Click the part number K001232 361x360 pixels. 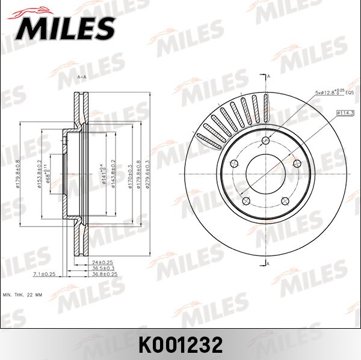click(x=180, y=344)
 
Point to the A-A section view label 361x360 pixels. click(x=82, y=78)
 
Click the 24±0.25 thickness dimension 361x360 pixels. click(x=103, y=262)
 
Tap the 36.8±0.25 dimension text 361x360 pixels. click(x=104, y=274)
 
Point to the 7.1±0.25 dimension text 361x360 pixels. click(x=44, y=274)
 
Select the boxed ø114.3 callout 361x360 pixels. click(x=345, y=112)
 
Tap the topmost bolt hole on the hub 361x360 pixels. click(x=265, y=142)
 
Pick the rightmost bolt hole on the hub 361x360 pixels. click(x=295, y=162)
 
